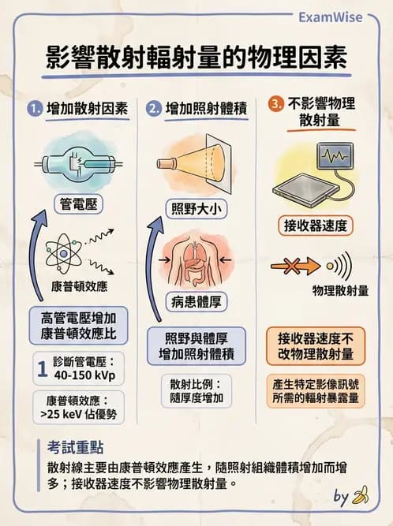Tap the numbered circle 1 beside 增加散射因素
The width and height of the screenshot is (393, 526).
click(x=34, y=109)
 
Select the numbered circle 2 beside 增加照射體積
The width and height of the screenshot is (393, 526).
click(x=154, y=109)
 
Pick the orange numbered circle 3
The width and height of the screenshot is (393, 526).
click(x=275, y=104)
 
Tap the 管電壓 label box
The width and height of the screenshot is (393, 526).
click(x=80, y=205)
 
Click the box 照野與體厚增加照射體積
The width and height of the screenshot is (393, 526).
click(x=196, y=345)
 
